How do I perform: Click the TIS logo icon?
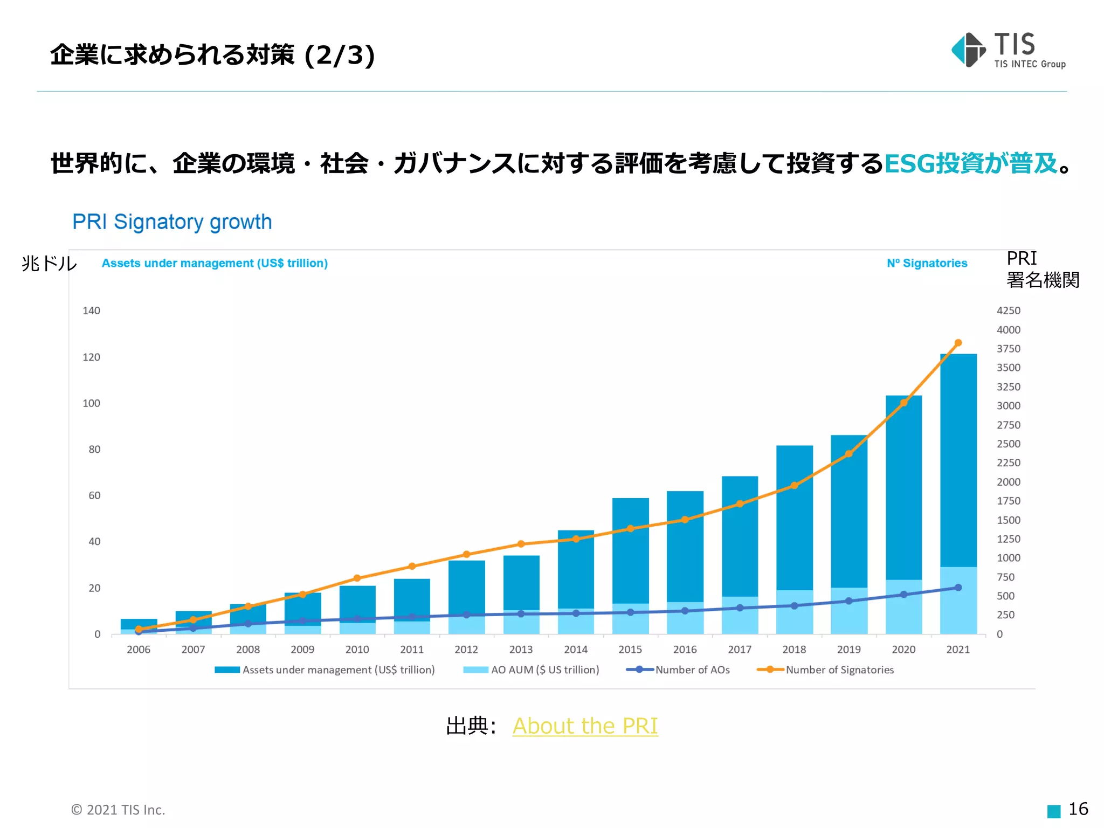[968, 50]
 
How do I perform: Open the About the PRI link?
[585, 726]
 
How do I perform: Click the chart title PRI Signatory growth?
[172, 222]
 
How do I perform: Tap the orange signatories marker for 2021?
[958, 343]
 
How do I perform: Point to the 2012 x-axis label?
[466, 650]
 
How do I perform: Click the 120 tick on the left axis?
[91, 357]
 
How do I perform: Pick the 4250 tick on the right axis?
[1008, 310]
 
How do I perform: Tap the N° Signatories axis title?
[927, 263]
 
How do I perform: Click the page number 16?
[1078, 809]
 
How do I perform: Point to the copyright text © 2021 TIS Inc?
[118, 810]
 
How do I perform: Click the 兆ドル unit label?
[49, 263]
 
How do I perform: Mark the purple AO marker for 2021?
[958, 588]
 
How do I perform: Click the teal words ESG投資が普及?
[970, 163]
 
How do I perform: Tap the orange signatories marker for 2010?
[357, 578]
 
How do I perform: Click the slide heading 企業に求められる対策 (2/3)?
[212, 55]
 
